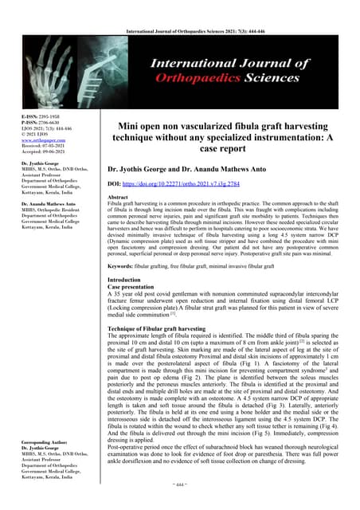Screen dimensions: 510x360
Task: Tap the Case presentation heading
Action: coord(133,288)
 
